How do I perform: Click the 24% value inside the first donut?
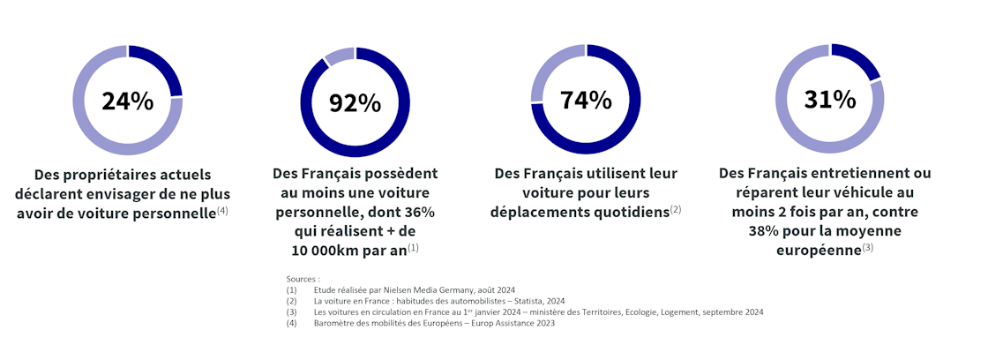tap(127, 101)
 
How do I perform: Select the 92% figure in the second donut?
tap(355, 103)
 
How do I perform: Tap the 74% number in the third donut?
tap(586, 100)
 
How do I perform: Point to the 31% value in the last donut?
tap(829, 100)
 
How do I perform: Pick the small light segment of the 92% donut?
tap(339, 56)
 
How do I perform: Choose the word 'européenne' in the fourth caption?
tap(817, 250)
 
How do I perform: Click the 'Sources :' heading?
tap(303, 279)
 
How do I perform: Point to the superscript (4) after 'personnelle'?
tap(222, 211)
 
